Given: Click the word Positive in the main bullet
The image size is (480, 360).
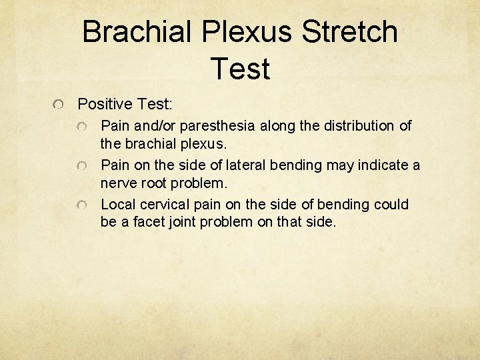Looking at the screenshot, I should [105, 104].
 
